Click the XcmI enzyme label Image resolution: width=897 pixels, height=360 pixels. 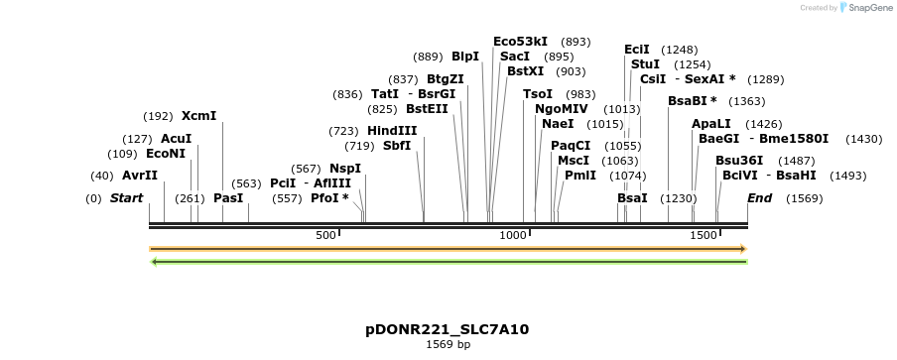click(198, 116)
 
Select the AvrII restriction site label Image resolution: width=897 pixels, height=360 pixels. click(140, 176)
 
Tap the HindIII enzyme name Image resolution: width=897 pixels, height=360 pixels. click(392, 131)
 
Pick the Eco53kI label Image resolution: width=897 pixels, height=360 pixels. click(520, 42)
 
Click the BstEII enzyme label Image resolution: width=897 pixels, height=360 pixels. click(428, 109)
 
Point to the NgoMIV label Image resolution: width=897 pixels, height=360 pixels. click(562, 109)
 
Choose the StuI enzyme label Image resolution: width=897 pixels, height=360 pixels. click(645, 64)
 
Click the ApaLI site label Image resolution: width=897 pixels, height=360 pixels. click(711, 124)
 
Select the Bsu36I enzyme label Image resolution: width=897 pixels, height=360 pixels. click(739, 161)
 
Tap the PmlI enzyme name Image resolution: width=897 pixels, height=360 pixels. click(580, 176)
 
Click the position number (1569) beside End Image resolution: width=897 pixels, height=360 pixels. click(805, 198)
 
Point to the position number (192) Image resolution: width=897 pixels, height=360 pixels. click(159, 116)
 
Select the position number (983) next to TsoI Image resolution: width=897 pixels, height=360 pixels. click(581, 94)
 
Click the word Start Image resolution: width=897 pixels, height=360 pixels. click(127, 198)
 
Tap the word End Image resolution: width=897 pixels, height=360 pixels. click(759, 198)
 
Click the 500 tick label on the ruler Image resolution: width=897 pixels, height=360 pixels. click(325, 235)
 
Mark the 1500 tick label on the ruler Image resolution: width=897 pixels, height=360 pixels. click(703, 235)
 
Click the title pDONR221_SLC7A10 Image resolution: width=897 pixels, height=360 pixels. click(448, 329)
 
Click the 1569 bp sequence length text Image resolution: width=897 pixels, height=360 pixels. click(448, 345)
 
